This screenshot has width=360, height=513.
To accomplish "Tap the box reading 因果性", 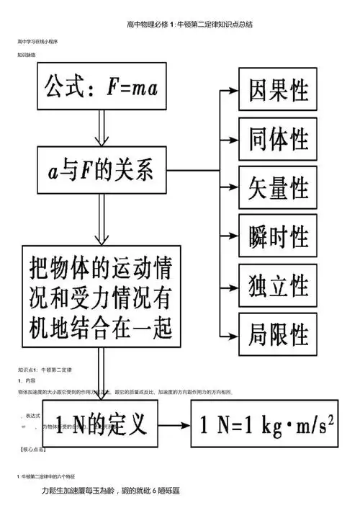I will [277, 91].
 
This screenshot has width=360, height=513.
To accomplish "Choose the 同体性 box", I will [277, 139].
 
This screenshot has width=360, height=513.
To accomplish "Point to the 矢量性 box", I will [277, 188].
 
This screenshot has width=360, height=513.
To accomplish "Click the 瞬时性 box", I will [277, 237].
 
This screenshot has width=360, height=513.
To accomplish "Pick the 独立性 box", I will [277, 285].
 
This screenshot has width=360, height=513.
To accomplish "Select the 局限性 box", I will [277, 334].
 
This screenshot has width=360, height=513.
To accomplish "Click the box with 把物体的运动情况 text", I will [100, 294].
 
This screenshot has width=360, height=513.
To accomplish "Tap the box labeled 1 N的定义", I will [100, 423].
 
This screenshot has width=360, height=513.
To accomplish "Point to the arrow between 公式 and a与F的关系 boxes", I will [100, 130].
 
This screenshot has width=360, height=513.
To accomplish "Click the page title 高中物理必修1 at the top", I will [179, 24].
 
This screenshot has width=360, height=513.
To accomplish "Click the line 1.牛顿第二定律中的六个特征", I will [51, 477].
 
